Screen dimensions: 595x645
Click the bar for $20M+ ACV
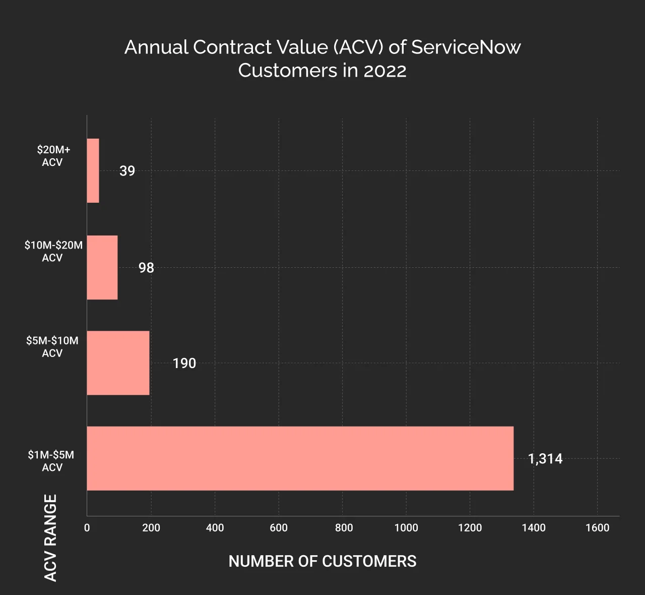click(93, 170)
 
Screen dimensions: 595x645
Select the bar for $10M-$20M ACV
click(102, 267)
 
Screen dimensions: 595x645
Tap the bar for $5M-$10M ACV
click(118, 363)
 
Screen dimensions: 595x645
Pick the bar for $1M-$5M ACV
click(300, 458)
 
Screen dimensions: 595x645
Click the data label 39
click(127, 171)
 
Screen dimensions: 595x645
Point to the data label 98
click(146, 268)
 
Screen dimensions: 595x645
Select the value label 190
click(184, 364)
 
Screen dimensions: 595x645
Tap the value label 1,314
click(545, 459)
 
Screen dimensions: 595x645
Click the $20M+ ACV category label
click(53, 156)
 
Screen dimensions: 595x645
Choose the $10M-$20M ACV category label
click(53, 251)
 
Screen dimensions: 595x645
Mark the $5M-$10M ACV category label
click(52, 347)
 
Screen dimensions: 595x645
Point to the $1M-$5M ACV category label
click(51, 461)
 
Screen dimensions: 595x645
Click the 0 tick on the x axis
click(87, 528)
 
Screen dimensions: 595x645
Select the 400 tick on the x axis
click(215, 528)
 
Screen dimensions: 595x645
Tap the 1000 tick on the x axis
click(406, 528)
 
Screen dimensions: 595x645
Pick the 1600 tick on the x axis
click(597, 528)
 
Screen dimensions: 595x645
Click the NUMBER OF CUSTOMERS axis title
click(322, 561)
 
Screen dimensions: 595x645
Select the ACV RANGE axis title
click(51, 538)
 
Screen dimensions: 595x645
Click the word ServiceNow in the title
click(466, 47)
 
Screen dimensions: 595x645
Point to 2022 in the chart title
click(385, 71)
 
